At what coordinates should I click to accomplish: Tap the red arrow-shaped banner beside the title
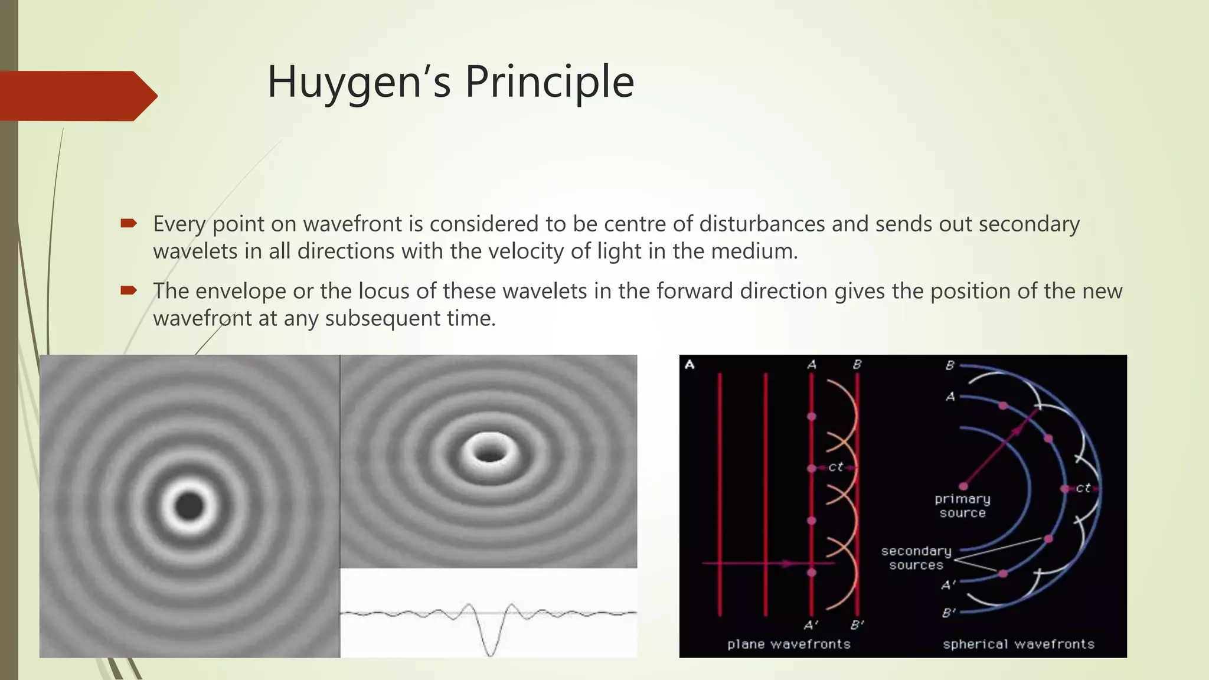pos(77,96)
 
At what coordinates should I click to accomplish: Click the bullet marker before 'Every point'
pos(128,223)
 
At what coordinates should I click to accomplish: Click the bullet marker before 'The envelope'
pos(128,290)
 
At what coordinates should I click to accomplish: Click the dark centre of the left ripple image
pos(189,506)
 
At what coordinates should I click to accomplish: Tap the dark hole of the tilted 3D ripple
pos(489,454)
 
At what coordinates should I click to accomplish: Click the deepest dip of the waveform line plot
pos(491,653)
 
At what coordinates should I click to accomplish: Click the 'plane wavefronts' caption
pos(789,644)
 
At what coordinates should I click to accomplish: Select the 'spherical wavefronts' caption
pos(1018,644)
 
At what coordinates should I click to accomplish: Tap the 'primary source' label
pos(962,506)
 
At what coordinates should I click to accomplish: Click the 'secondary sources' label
pos(916,558)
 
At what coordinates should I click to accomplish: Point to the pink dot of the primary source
pos(963,486)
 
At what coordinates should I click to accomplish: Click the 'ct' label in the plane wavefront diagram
pos(835,467)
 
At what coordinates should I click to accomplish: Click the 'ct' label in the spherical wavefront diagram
pos(1083,488)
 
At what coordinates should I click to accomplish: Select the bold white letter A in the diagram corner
pos(690,365)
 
